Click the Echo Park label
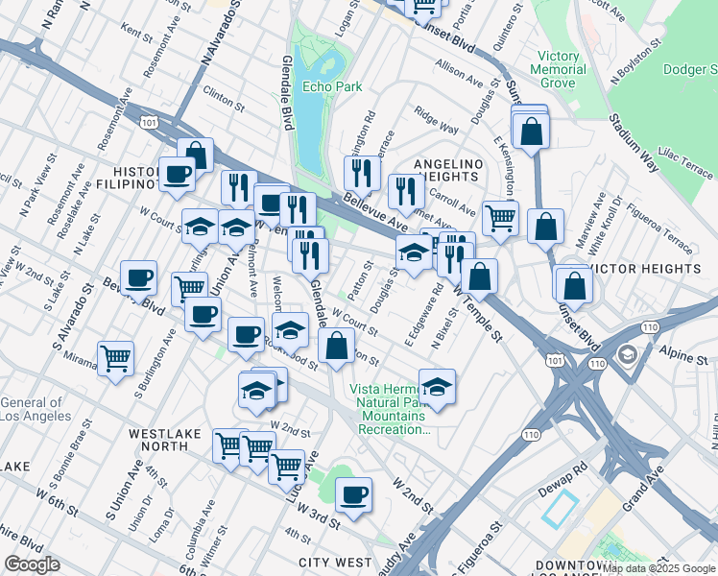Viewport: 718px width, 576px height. (332, 86)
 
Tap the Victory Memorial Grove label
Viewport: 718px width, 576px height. (560, 70)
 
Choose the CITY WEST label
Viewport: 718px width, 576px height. (335, 562)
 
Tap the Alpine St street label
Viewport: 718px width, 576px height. (683, 357)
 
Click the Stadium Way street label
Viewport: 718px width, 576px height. (631, 143)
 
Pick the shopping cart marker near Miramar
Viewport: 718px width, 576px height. (115, 359)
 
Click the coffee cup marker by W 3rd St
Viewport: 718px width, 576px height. (354, 494)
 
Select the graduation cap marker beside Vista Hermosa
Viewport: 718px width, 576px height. (437, 386)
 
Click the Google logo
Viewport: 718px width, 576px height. (33, 564)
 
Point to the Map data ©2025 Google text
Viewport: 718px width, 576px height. (658, 568)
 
